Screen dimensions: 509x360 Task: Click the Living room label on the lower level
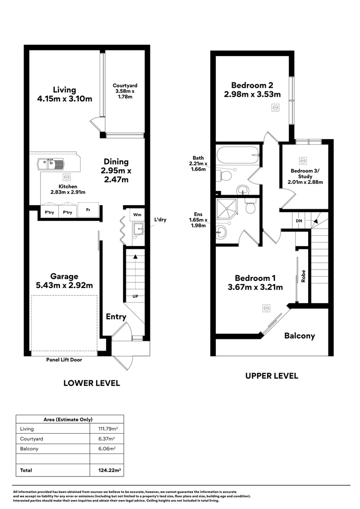65,94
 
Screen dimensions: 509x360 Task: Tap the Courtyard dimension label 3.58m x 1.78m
125,91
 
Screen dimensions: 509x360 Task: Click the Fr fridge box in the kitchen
88,210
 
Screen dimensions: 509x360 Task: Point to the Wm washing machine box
137,214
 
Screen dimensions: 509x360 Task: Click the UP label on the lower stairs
135,296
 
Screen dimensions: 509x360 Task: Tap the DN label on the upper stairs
299,221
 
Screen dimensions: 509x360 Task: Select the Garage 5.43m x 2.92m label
65,281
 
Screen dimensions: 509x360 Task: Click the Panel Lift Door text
65,360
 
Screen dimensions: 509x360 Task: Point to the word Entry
115,317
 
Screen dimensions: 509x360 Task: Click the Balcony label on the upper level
299,336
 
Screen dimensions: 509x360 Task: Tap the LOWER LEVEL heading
91,383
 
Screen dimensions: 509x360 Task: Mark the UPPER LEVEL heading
272,376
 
